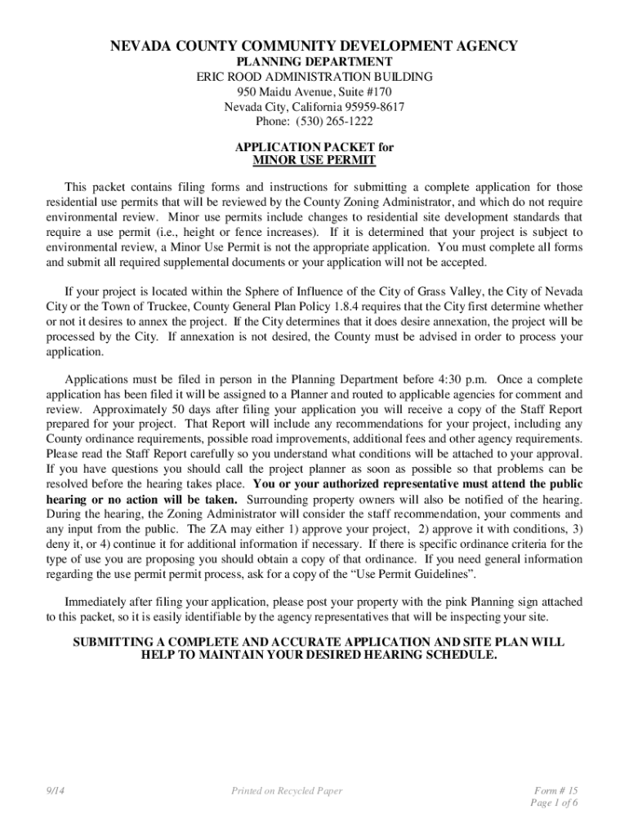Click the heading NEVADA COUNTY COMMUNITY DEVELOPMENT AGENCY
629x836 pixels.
(314, 47)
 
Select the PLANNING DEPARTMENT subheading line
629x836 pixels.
(314, 62)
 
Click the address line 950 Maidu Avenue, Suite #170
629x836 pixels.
(314, 91)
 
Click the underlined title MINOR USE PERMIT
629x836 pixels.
(314, 161)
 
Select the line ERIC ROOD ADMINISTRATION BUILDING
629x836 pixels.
(314, 77)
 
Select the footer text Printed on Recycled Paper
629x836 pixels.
(287, 790)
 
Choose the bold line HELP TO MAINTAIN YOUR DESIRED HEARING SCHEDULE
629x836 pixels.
(319, 656)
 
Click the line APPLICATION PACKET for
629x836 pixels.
(314, 147)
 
